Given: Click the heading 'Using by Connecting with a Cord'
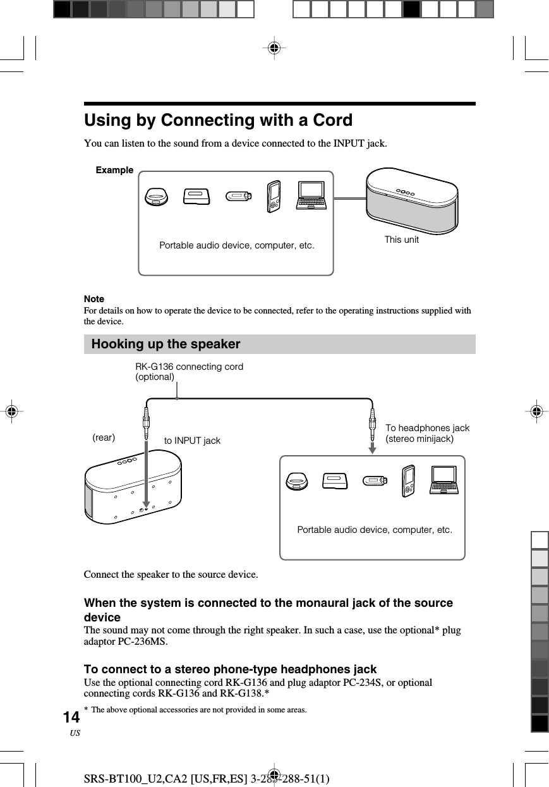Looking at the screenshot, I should pyautogui.click(x=218, y=120).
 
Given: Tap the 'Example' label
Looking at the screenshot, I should pyautogui.click(x=114, y=170).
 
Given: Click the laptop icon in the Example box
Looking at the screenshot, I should pyautogui.click(x=311, y=196).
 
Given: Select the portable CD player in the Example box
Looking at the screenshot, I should pyautogui.click(x=156, y=197).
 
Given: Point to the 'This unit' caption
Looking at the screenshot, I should pyautogui.click(x=401, y=240).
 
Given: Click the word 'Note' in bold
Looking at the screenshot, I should pyautogui.click(x=94, y=298).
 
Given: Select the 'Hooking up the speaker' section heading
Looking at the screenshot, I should pyautogui.click(x=166, y=345).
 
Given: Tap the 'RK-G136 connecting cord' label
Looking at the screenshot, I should pyautogui.click(x=189, y=367).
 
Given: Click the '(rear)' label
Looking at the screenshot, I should pyautogui.click(x=104, y=437).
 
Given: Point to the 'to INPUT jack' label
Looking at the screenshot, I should pyautogui.click(x=192, y=441).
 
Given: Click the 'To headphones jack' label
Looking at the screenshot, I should pyautogui.click(x=427, y=428).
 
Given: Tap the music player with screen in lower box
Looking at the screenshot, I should pyautogui.click(x=409, y=480).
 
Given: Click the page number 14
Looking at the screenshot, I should pyautogui.click(x=71, y=717).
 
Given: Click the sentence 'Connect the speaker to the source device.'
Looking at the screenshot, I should pyautogui.click(x=171, y=575).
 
